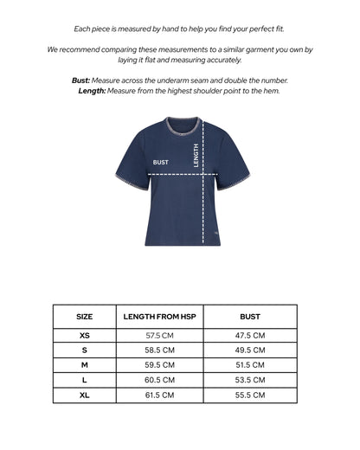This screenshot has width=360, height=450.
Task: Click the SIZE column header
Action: coord(84,317)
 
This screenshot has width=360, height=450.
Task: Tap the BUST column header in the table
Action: coord(249,317)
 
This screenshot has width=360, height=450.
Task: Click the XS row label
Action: coord(84,335)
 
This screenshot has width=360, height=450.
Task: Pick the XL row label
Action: coord(84,395)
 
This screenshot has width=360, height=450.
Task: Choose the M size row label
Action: coord(84,365)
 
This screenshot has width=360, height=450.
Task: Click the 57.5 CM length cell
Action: coord(160,335)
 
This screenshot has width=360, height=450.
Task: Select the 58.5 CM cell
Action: coord(160,350)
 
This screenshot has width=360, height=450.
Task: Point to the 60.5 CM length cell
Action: coord(160,380)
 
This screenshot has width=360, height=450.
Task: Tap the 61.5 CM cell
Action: coord(160,395)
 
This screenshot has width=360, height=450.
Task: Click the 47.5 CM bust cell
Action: coord(249,335)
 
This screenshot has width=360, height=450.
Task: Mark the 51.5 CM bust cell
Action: coord(249,365)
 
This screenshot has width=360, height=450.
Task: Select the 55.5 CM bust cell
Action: coord(249,395)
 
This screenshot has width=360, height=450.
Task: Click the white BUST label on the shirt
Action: coord(161,162)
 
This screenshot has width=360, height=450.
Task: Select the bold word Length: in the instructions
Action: coord(92,90)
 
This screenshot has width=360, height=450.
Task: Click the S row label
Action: coord(84,350)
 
